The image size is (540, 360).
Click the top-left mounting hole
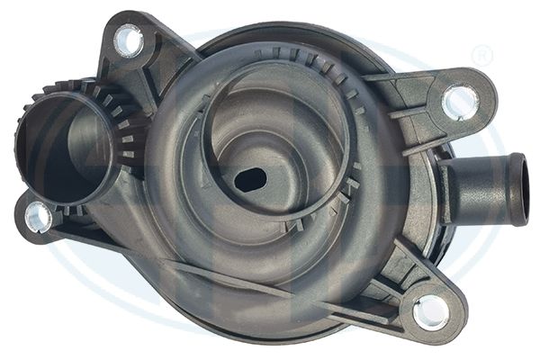(129, 40)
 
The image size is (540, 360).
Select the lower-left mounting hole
(39, 215)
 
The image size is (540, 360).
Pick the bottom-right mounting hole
(430, 310)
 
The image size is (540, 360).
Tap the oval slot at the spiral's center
(249, 179)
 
